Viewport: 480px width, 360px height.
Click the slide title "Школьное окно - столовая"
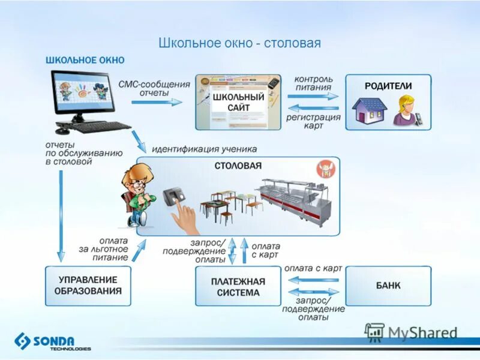pyautogui.click(x=239, y=43)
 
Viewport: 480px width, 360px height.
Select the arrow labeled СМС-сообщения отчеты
pyautogui.click(x=157, y=102)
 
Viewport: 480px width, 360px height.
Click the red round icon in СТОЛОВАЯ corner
pyautogui.click(x=325, y=169)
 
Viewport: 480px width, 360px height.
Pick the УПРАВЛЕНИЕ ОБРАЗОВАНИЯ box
pyautogui.click(x=88, y=286)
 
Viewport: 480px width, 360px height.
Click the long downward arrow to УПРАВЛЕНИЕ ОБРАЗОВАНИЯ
pyautogui.click(x=61, y=216)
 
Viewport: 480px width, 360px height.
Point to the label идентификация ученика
pyautogui.click(x=204, y=149)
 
